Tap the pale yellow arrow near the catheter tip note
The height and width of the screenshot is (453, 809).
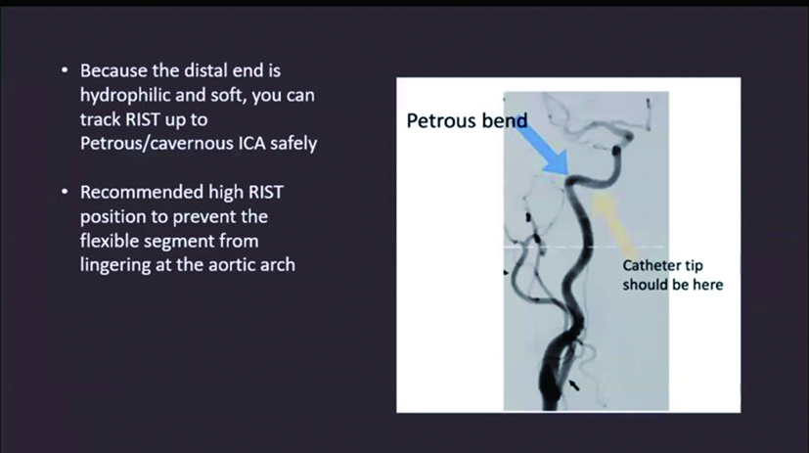[x=613, y=223]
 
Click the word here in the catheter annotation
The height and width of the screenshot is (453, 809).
[x=708, y=285]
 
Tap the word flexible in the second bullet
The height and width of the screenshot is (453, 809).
[x=107, y=242]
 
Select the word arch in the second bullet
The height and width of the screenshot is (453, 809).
[x=277, y=265]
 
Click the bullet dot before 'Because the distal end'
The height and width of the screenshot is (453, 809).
[x=65, y=70]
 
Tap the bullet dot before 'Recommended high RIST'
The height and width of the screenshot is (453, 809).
[x=65, y=193]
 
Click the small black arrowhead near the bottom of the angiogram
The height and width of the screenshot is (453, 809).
[x=573, y=385]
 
